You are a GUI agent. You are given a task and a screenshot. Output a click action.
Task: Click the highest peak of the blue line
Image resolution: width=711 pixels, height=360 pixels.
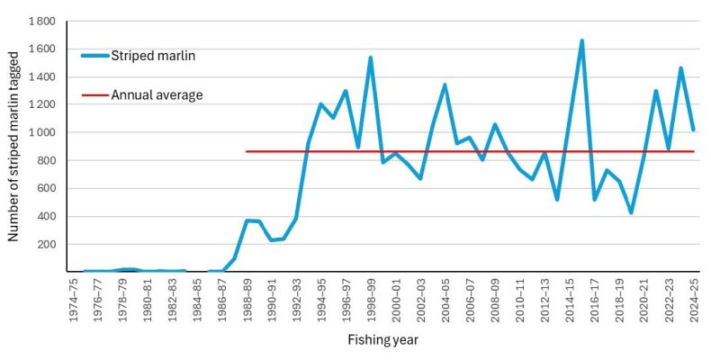pos(581,40)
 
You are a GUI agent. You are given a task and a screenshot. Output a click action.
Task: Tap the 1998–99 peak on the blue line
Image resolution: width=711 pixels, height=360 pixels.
pos(370,58)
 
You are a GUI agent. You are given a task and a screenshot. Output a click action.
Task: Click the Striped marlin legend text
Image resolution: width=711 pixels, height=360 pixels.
pos(154,56)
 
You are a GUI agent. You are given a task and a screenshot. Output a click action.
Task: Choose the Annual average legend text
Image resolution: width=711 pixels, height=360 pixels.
pos(157,94)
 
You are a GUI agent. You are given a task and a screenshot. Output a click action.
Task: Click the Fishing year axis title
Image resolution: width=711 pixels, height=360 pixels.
pos(382,340)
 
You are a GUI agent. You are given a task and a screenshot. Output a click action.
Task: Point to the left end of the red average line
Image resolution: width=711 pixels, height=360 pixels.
pos(247,151)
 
